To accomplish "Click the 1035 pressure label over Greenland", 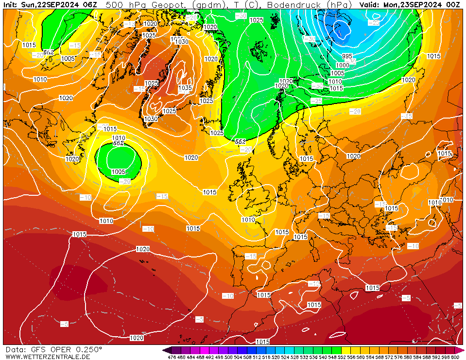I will click(x=185, y=88).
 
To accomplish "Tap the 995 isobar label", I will click(x=347, y=56).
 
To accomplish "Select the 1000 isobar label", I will click(x=343, y=65).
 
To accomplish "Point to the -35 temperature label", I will click(x=317, y=86).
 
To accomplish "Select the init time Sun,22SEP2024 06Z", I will click(x=59, y=4).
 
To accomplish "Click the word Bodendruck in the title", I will click(x=293, y=4).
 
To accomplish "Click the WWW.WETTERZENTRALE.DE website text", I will click(x=48, y=357).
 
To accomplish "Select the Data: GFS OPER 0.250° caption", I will click(x=53, y=350).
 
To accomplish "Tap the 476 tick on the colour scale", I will click(x=171, y=358).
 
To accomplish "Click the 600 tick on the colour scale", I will click(x=455, y=358).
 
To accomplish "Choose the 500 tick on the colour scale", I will click(x=228, y=358).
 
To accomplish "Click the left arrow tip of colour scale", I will click(x=164, y=350).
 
